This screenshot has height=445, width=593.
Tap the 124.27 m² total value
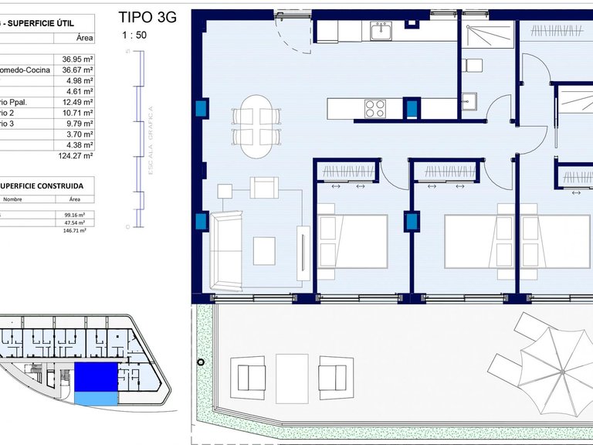pyautogui.click(x=76, y=155)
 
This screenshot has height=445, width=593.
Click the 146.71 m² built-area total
pyautogui.click(x=75, y=229)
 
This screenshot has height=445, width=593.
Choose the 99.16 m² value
pyautogui.click(x=76, y=216)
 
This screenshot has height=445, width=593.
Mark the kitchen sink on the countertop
pyautogui.click(x=381, y=31)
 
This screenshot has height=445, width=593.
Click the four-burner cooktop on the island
pyautogui.click(x=375, y=108)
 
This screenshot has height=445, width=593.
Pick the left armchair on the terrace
pyautogui.click(x=251, y=376)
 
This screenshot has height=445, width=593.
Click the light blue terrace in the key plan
pyautogui.click(x=96, y=397)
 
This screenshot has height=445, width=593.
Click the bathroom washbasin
pyautogui.click(x=469, y=99)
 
